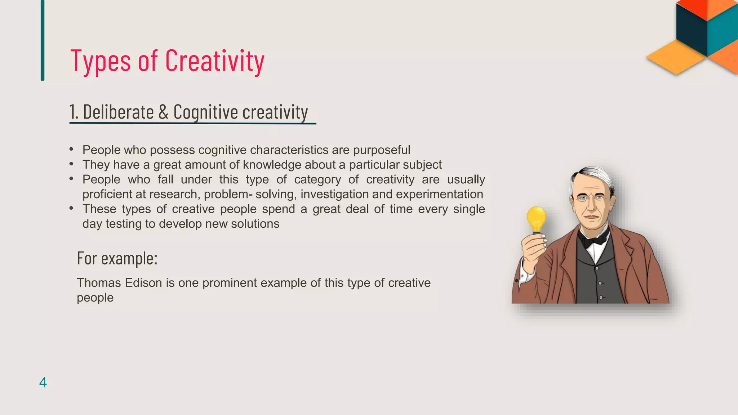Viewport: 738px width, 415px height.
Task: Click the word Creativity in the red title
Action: point(215,61)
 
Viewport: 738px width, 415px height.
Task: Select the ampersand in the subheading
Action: point(163,112)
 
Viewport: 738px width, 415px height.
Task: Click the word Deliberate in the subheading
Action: point(119,112)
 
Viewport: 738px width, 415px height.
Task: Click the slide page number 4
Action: point(43,382)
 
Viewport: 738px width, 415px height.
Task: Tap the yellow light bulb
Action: point(536,218)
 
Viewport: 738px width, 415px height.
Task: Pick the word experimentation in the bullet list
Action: point(439,194)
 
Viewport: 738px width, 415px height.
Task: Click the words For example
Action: point(117,258)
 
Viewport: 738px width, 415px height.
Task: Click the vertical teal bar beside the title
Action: point(43,40)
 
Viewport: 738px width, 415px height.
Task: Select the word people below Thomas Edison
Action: point(95,298)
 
